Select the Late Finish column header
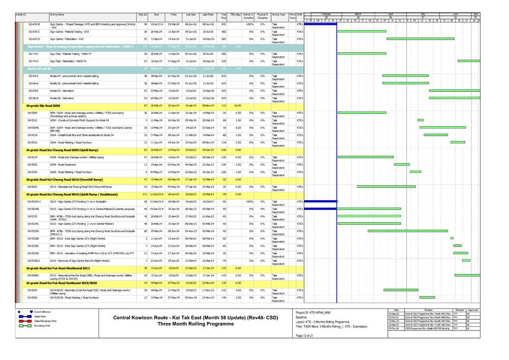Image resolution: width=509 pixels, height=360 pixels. click(207, 15)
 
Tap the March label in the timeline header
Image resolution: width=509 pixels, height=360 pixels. click(357, 13)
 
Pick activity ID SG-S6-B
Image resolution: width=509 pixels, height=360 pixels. click(34, 98)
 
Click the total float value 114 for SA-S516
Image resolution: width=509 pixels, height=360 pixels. click(224, 143)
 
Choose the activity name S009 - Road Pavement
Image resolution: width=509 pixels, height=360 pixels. click(65, 165)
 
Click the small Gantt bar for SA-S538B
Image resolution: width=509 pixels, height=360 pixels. click(452, 238)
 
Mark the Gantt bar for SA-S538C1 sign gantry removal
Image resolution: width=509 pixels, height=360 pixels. click(466, 261)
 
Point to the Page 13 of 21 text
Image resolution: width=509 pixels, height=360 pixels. click(305, 336)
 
